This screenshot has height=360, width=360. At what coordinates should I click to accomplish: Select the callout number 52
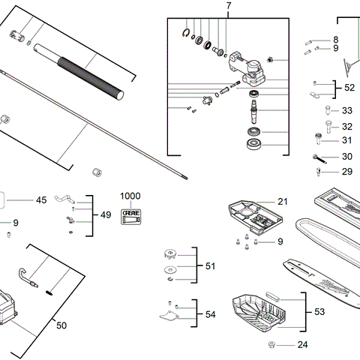(349, 88)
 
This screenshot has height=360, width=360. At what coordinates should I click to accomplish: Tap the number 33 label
(346, 110)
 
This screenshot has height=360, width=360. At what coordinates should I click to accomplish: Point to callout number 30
(346, 157)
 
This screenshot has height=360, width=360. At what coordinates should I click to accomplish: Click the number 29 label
(346, 172)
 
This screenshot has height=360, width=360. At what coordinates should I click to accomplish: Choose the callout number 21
(282, 202)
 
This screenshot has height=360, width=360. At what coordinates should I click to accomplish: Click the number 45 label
(41, 200)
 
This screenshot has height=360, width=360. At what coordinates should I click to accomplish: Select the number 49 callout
(105, 214)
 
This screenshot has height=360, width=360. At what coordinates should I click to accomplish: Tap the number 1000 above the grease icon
(130, 195)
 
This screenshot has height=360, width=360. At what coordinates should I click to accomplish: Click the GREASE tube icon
(130, 211)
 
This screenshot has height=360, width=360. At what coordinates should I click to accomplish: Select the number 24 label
(302, 345)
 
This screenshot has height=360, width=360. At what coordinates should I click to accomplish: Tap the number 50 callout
(61, 325)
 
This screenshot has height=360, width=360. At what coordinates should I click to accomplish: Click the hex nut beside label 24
(272, 345)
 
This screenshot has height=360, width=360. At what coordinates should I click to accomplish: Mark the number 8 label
(335, 39)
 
